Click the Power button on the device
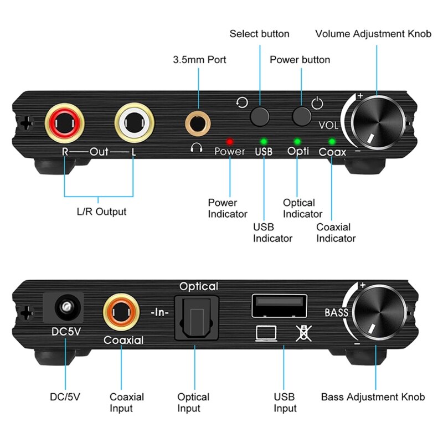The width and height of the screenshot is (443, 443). click(302, 115)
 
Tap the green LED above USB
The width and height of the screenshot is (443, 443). click(264, 141)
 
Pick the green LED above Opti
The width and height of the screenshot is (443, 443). click(297, 141)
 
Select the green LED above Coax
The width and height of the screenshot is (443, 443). click(332, 141)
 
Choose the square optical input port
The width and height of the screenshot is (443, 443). click(194, 317)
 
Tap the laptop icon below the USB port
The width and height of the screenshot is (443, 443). click(265, 333)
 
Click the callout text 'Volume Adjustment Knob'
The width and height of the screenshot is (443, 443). click(373, 34)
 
